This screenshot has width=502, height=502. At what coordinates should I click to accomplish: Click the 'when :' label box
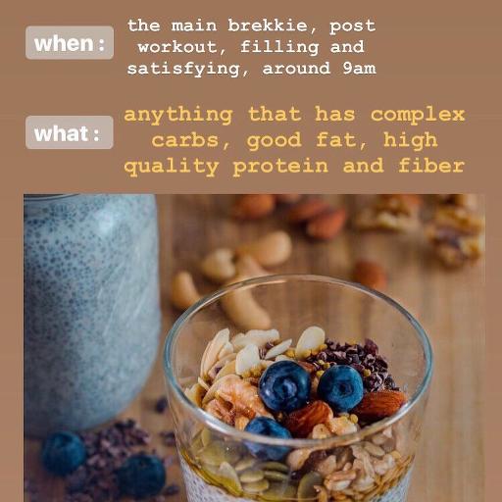70,43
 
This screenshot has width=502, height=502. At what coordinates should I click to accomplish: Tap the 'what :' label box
70,132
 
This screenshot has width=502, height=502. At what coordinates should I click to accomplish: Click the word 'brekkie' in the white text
268,25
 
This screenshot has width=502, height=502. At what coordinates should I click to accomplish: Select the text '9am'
359,69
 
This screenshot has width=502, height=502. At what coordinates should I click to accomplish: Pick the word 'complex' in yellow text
418,116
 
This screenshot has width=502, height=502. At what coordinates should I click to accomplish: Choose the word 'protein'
280,167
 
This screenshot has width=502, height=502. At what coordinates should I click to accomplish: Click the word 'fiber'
431,165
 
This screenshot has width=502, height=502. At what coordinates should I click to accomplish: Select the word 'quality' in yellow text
172,167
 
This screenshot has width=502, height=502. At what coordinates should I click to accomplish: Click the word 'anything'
178,116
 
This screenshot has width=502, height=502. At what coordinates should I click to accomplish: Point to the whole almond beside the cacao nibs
381,404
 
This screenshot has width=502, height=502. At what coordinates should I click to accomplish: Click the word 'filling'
279,48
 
